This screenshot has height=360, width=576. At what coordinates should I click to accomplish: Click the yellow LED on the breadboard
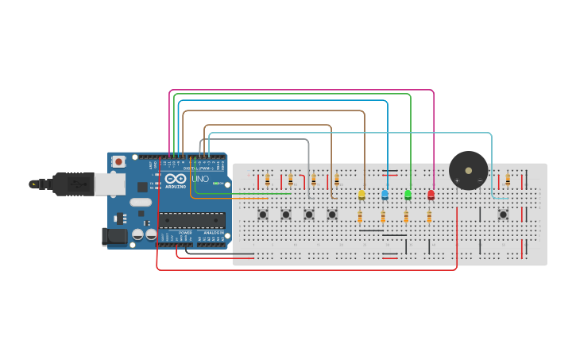click(361, 195)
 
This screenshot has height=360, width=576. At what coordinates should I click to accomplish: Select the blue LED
click(385, 195)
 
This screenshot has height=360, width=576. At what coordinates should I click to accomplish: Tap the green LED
click(408, 195)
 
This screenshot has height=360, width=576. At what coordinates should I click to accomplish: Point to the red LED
click(431, 195)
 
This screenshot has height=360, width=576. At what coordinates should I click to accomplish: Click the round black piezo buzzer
click(468, 171)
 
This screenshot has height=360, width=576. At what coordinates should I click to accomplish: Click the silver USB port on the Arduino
click(110, 184)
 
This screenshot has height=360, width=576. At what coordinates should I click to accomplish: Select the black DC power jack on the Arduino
click(114, 236)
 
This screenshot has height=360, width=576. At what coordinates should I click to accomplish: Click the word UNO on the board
click(200, 179)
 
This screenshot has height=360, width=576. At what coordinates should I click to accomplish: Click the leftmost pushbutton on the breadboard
click(263, 214)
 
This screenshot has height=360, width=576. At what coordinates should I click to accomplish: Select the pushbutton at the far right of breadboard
click(503, 214)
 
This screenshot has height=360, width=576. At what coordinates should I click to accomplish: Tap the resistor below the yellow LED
click(360, 217)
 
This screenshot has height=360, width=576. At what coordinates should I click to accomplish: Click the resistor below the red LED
click(429, 217)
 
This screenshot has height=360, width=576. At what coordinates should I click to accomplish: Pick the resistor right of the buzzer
click(508, 180)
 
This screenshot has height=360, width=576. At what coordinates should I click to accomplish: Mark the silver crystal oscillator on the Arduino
click(141, 202)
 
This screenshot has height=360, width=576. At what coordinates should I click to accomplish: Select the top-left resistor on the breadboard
click(267, 180)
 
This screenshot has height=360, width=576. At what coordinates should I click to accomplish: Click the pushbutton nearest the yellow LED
click(332, 214)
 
